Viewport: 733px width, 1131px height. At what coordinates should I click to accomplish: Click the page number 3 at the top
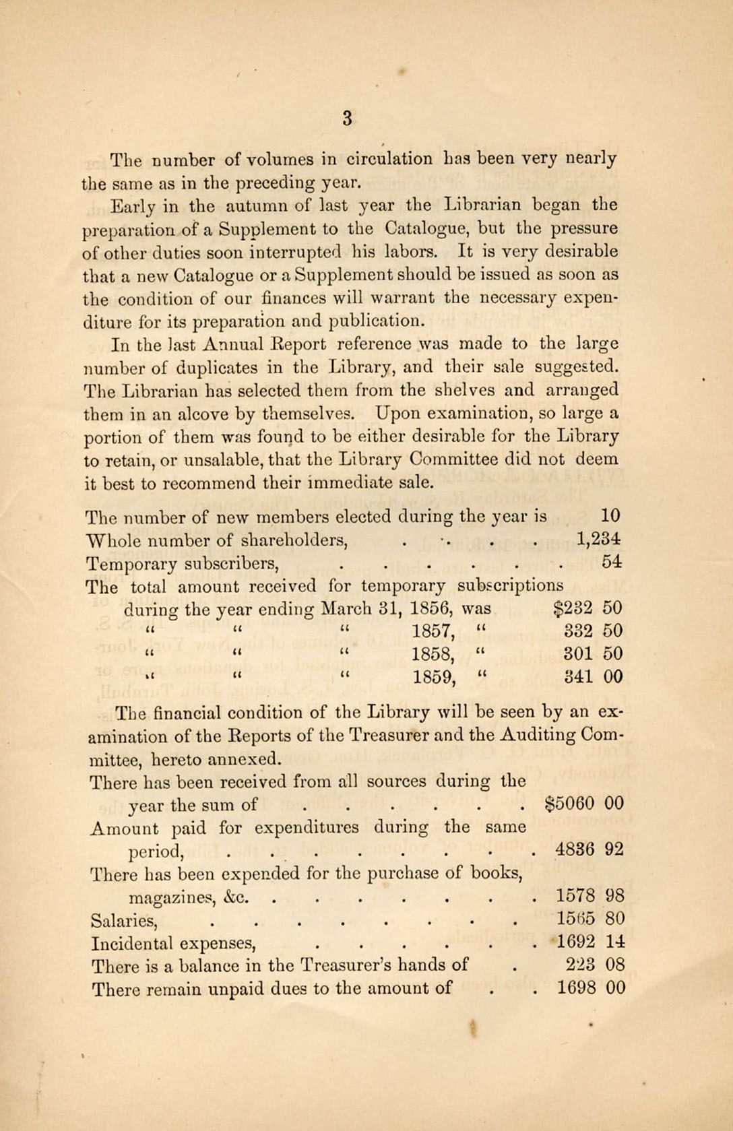tap(347, 119)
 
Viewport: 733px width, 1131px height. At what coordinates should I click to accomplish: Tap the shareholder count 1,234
tap(599, 539)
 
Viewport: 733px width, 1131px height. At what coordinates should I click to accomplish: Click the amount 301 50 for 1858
tap(593, 654)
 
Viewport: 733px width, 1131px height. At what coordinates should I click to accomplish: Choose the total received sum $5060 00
tap(583, 804)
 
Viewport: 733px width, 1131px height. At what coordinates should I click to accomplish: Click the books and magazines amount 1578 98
tap(590, 896)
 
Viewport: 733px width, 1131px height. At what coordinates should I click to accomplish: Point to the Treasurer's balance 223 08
tap(596, 965)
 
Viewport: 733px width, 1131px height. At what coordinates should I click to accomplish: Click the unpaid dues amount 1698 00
tap(591, 988)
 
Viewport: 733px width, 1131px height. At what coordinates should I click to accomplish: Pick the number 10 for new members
tap(610, 517)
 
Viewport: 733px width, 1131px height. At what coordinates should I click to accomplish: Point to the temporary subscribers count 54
tap(612, 562)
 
